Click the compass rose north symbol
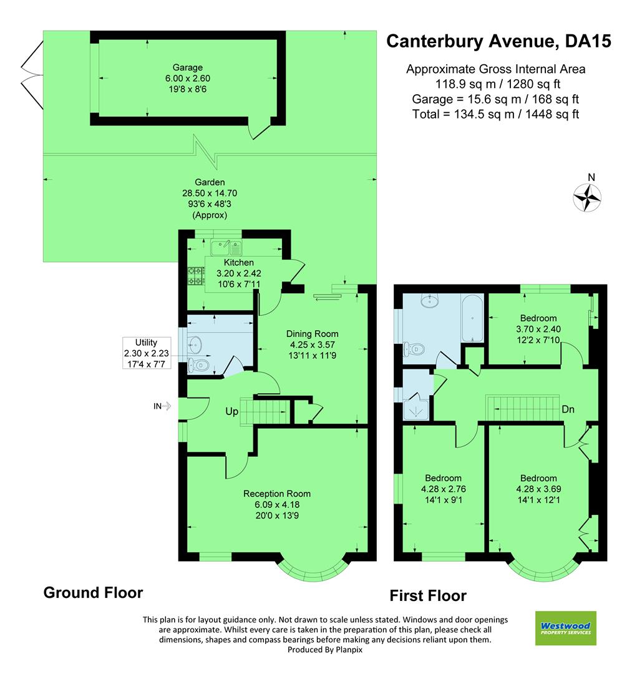pos(588,197)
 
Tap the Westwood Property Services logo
pos(566,628)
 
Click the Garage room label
pos(188,67)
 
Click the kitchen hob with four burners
pos(197,276)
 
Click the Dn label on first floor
pos(568,409)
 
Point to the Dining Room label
pos(307,333)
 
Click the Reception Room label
pos(277,494)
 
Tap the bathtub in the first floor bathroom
pos(472,318)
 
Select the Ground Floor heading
pos(93,592)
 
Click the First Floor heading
pos(428,596)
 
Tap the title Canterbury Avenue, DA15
pos(498,41)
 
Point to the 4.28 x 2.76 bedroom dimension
pos(443,489)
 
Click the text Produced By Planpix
pos(324,649)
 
